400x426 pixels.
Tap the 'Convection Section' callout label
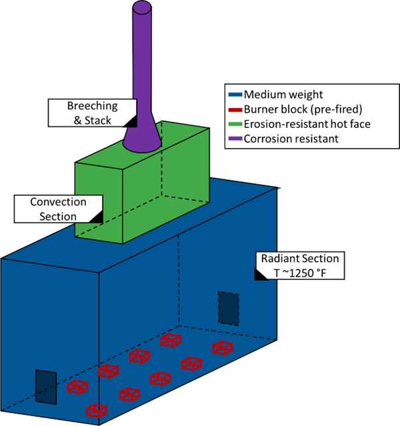(58, 208)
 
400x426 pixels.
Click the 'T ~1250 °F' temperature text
(299, 273)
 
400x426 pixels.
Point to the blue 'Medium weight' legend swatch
(235, 95)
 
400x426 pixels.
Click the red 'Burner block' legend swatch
(235, 109)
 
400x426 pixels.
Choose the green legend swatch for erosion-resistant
(235, 125)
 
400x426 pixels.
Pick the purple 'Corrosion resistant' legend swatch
(235, 139)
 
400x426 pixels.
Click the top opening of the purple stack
(143, 8)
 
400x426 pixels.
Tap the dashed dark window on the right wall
(228, 308)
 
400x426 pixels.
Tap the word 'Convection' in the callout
(58, 201)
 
